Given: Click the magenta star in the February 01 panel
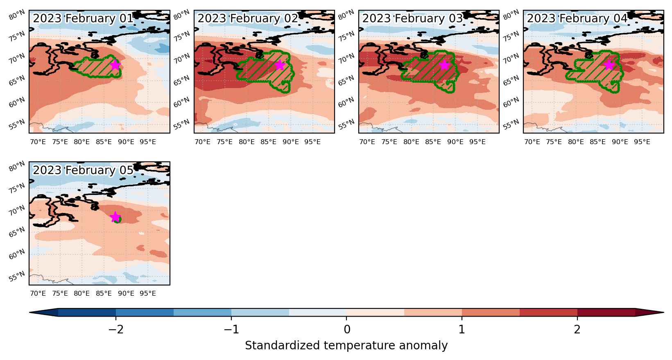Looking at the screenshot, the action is click(115, 65).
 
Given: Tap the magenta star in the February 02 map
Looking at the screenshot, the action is click(280, 65).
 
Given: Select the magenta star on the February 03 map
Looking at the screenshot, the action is click(445, 65).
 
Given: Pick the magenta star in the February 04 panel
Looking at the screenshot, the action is click(609, 65).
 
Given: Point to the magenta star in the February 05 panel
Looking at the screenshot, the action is click(115, 217).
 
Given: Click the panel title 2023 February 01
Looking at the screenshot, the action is click(83, 18).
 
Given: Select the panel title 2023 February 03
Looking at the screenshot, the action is click(412, 18).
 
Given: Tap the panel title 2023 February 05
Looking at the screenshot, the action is click(83, 170).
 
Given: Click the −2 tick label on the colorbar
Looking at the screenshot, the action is click(116, 330).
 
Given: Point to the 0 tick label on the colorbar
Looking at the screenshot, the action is click(347, 330).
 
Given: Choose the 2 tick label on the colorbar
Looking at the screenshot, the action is click(577, 330).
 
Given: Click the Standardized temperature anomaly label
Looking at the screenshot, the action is click(346, 346).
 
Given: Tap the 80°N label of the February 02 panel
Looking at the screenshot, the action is click(181, 14).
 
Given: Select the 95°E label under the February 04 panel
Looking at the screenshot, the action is click(642, 142).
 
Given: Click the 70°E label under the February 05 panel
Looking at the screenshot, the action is click(38, 293).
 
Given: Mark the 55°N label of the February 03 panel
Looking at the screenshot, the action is click(346, 124).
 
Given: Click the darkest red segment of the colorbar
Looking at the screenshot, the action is click(606, 312).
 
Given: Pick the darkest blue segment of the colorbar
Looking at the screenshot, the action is click(87, 312).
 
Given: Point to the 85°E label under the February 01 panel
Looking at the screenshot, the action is click(104, 142).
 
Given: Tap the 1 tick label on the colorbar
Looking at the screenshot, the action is click(462, 330).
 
